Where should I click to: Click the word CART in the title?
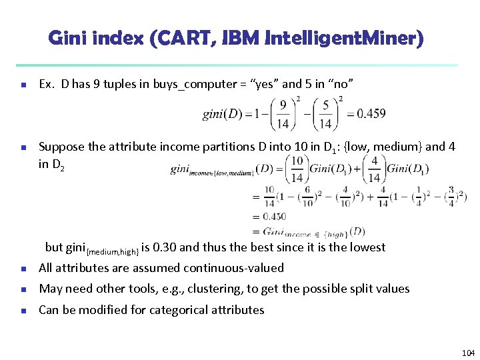tap(174, 39)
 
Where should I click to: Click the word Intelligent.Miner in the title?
tap(344, 39)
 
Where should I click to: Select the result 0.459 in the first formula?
tap(371, 113)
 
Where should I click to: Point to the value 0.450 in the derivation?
tap(274, 216)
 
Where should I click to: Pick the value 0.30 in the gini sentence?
tap(163, 247)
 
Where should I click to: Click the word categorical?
tap(178, 310)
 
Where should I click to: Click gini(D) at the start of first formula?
tap(223, 114)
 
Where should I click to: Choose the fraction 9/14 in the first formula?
tap(283, 113)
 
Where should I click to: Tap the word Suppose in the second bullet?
tap(60, 147)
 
